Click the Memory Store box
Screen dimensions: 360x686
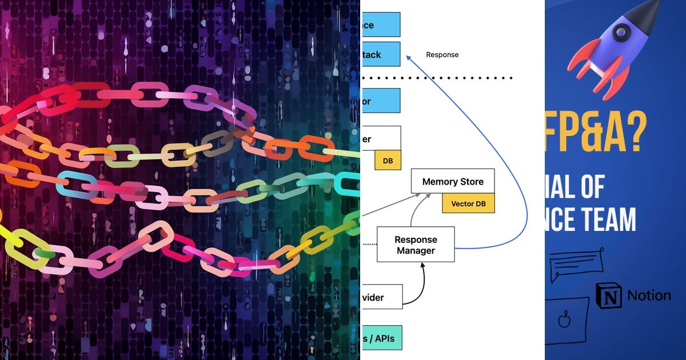click(453, 181)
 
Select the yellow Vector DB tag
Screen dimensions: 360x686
click(468, 203)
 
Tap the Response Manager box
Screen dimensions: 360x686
click(416, 245)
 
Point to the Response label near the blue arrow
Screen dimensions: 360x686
click(442, 55)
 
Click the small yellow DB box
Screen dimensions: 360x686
click(388, 161)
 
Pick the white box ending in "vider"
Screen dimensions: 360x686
click(382, 297)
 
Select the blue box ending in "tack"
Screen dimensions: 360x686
click(381, 55)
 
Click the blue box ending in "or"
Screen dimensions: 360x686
click(381, 101)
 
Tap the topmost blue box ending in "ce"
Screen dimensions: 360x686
click(381, 25)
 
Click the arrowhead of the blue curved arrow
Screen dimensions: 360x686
click(408, 57)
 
